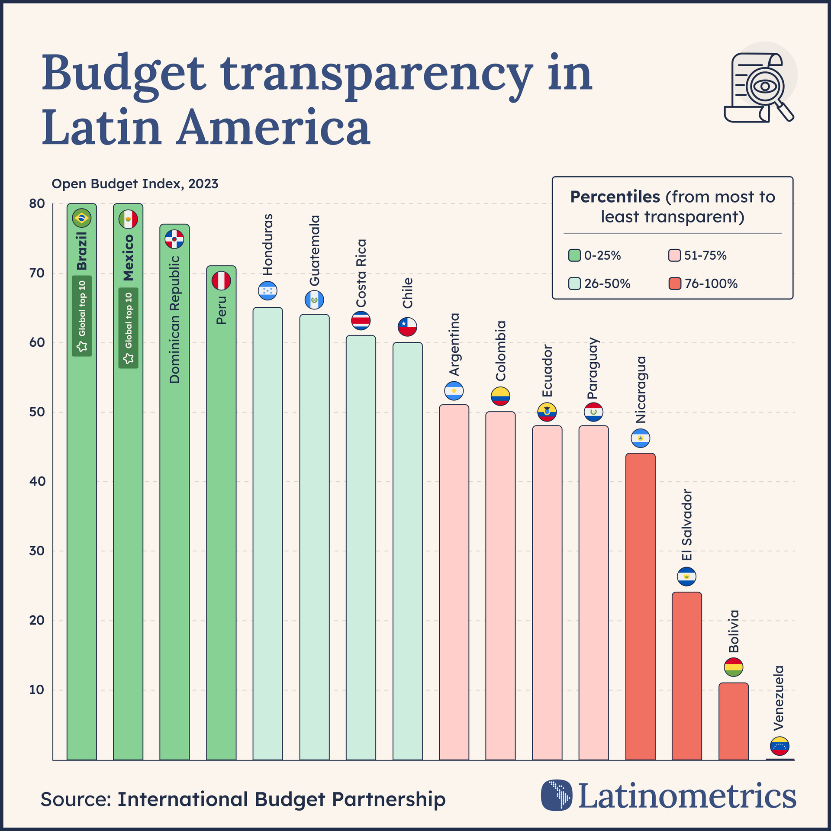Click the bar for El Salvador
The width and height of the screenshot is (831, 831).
pos(686,675)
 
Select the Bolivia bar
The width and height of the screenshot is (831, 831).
pos(733,721)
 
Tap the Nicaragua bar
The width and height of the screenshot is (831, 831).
pos(640,606)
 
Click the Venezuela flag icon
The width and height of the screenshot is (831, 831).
pos(779,746)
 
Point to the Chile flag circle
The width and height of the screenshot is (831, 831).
pos(407,327)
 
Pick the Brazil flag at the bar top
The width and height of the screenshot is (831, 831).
pos(81,218)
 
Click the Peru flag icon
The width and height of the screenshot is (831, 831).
pos(221,281)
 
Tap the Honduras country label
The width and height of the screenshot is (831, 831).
pos(268,245)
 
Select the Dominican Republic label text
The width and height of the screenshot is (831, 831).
pos(174,319)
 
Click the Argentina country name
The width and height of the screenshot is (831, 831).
pos(454,345)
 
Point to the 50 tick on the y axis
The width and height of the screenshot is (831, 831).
pos(38,412)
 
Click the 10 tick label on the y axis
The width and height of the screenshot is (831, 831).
pos(38,690)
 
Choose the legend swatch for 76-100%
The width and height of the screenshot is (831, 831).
pos(675,284)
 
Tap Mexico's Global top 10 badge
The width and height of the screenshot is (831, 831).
pos(129,328)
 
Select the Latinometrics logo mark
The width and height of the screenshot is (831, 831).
pos(557,795)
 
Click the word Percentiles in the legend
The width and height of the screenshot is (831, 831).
pos(615,197)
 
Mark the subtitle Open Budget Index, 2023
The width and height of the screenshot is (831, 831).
pos(135,184)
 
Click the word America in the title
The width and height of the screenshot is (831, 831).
pos(274,128)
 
